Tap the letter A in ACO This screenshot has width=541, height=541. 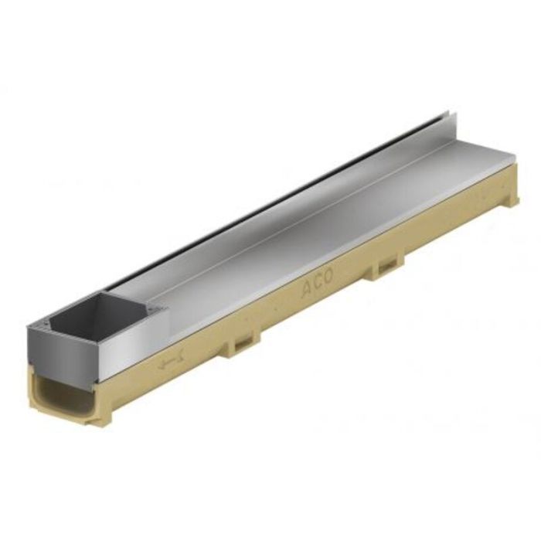pyautogui.click(x=306, y=293)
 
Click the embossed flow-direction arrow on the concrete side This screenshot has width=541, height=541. pyautogui.click(x=168, y=362)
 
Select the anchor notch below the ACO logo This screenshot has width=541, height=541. pyautogui.click(x=385, y=269)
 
